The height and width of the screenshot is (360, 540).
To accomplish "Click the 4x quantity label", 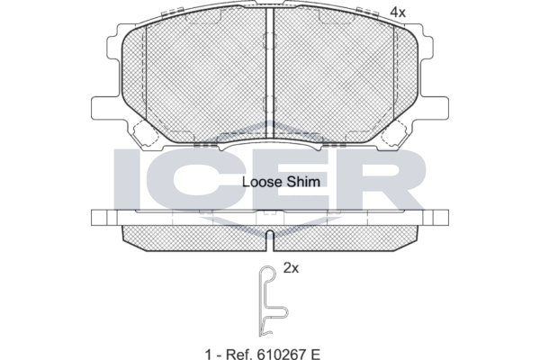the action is tap(398, 13).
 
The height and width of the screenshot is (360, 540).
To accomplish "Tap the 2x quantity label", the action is tap(291, 267).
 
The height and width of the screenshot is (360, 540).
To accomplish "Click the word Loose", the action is tap(262, 182).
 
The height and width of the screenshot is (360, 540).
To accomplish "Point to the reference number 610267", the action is tap(280, 354).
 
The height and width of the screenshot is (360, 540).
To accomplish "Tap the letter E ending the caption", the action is tap(315, 354).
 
